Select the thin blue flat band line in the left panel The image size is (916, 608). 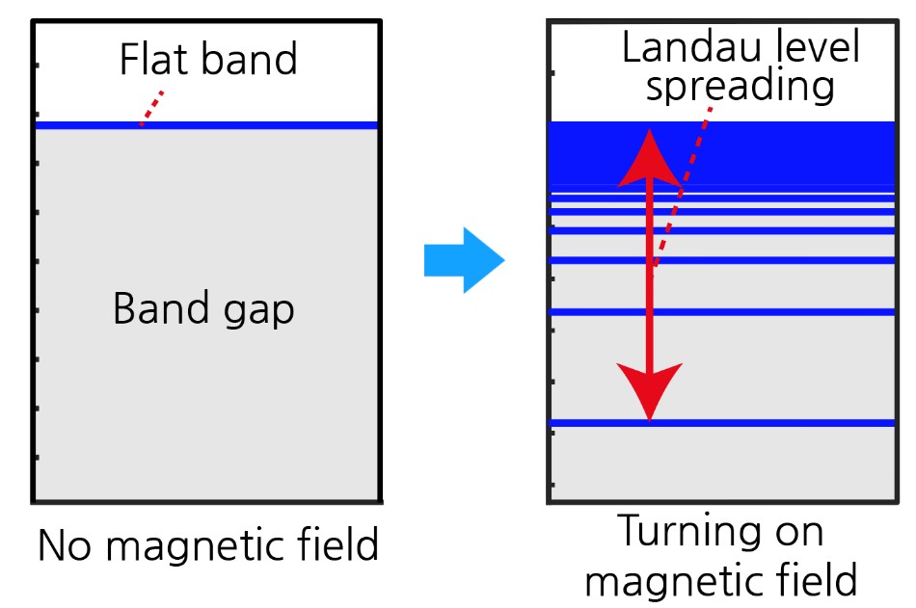tap(251, 125)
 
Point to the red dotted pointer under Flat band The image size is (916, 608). tap(152, 108)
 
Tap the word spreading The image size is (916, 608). tap(740, 87)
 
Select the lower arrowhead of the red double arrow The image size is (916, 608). tap(650, 390)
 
